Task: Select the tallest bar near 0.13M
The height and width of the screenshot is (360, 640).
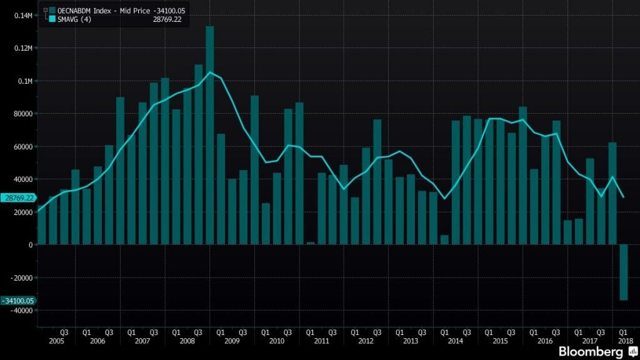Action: coord(210,134)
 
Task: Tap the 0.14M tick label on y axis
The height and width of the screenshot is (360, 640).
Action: coord(23,15)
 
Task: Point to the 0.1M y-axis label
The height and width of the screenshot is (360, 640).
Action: coord(26,81)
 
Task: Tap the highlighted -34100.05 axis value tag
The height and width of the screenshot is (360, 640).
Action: coord(17,301)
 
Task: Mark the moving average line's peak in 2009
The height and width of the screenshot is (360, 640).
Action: coord(210,72)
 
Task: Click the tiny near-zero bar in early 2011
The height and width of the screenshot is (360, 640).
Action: coord(311,243)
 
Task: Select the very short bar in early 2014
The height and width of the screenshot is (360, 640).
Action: coord(444,240)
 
